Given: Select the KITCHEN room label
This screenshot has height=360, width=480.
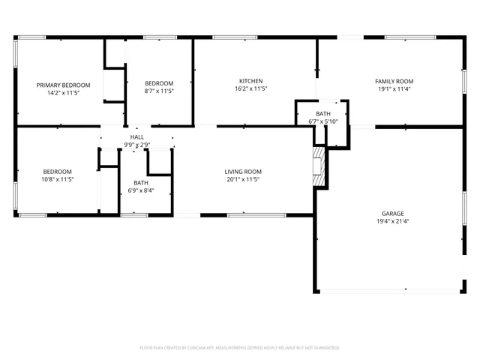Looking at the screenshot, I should coord(250,81).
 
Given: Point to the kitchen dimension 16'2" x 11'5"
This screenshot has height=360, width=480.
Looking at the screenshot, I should coord(250,89).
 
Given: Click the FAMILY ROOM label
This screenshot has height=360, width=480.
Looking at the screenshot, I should coord(394,81).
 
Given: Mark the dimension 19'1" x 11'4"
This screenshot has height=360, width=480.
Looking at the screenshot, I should coord(394,89).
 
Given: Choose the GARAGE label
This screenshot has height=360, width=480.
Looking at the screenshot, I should coord(392,214).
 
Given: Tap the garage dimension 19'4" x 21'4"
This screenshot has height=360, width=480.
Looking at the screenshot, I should coord(392,222).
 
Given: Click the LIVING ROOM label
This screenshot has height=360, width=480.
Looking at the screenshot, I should coord(243,172).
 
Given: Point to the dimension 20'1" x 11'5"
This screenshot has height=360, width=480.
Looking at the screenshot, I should coord(243,180).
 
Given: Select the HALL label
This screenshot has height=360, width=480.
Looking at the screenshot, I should coord(137,137).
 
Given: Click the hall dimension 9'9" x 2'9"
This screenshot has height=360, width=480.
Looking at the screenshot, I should coord(137,145).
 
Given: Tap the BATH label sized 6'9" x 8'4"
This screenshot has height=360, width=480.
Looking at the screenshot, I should coord(140,183).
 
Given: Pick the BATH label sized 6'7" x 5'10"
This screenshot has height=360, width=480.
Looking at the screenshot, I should coord(322,114).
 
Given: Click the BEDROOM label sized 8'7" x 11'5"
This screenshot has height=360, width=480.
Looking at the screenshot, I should coord(159,83).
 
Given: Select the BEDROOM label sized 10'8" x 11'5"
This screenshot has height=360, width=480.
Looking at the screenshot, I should coord(57,171).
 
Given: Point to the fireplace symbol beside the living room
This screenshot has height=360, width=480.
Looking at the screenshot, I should coord(320,165).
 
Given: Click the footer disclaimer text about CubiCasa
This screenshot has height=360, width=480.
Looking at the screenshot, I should coord(239,348).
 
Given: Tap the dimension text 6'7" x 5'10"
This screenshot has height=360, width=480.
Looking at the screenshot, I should coord(322,121).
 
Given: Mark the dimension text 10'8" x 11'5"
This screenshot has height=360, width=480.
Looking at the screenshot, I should coord(57,179).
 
